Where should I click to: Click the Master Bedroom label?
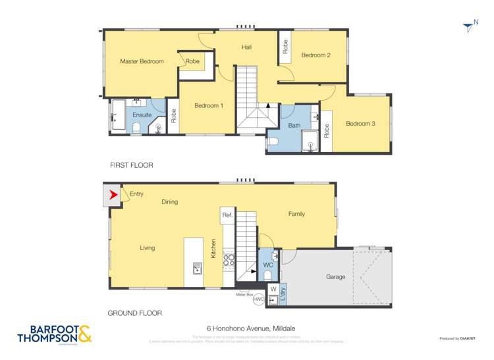coord(142,61)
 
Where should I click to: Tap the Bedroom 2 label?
coord(316,55)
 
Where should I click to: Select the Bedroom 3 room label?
coord(360,123)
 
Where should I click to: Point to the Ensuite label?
coord(142,115)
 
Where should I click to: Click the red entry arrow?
coord(113,195)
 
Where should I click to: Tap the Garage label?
coord(335,277)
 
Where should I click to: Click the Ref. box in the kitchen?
coord(227,215)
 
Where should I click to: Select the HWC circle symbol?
coord(258,299)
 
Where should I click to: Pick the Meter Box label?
coord(246,294)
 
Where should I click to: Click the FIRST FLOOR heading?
coord(132,165)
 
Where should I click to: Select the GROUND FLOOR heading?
coord(136,313)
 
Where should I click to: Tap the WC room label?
coord(268,265)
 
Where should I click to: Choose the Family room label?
coord(296,214)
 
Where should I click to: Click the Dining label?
coord(169,202)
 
